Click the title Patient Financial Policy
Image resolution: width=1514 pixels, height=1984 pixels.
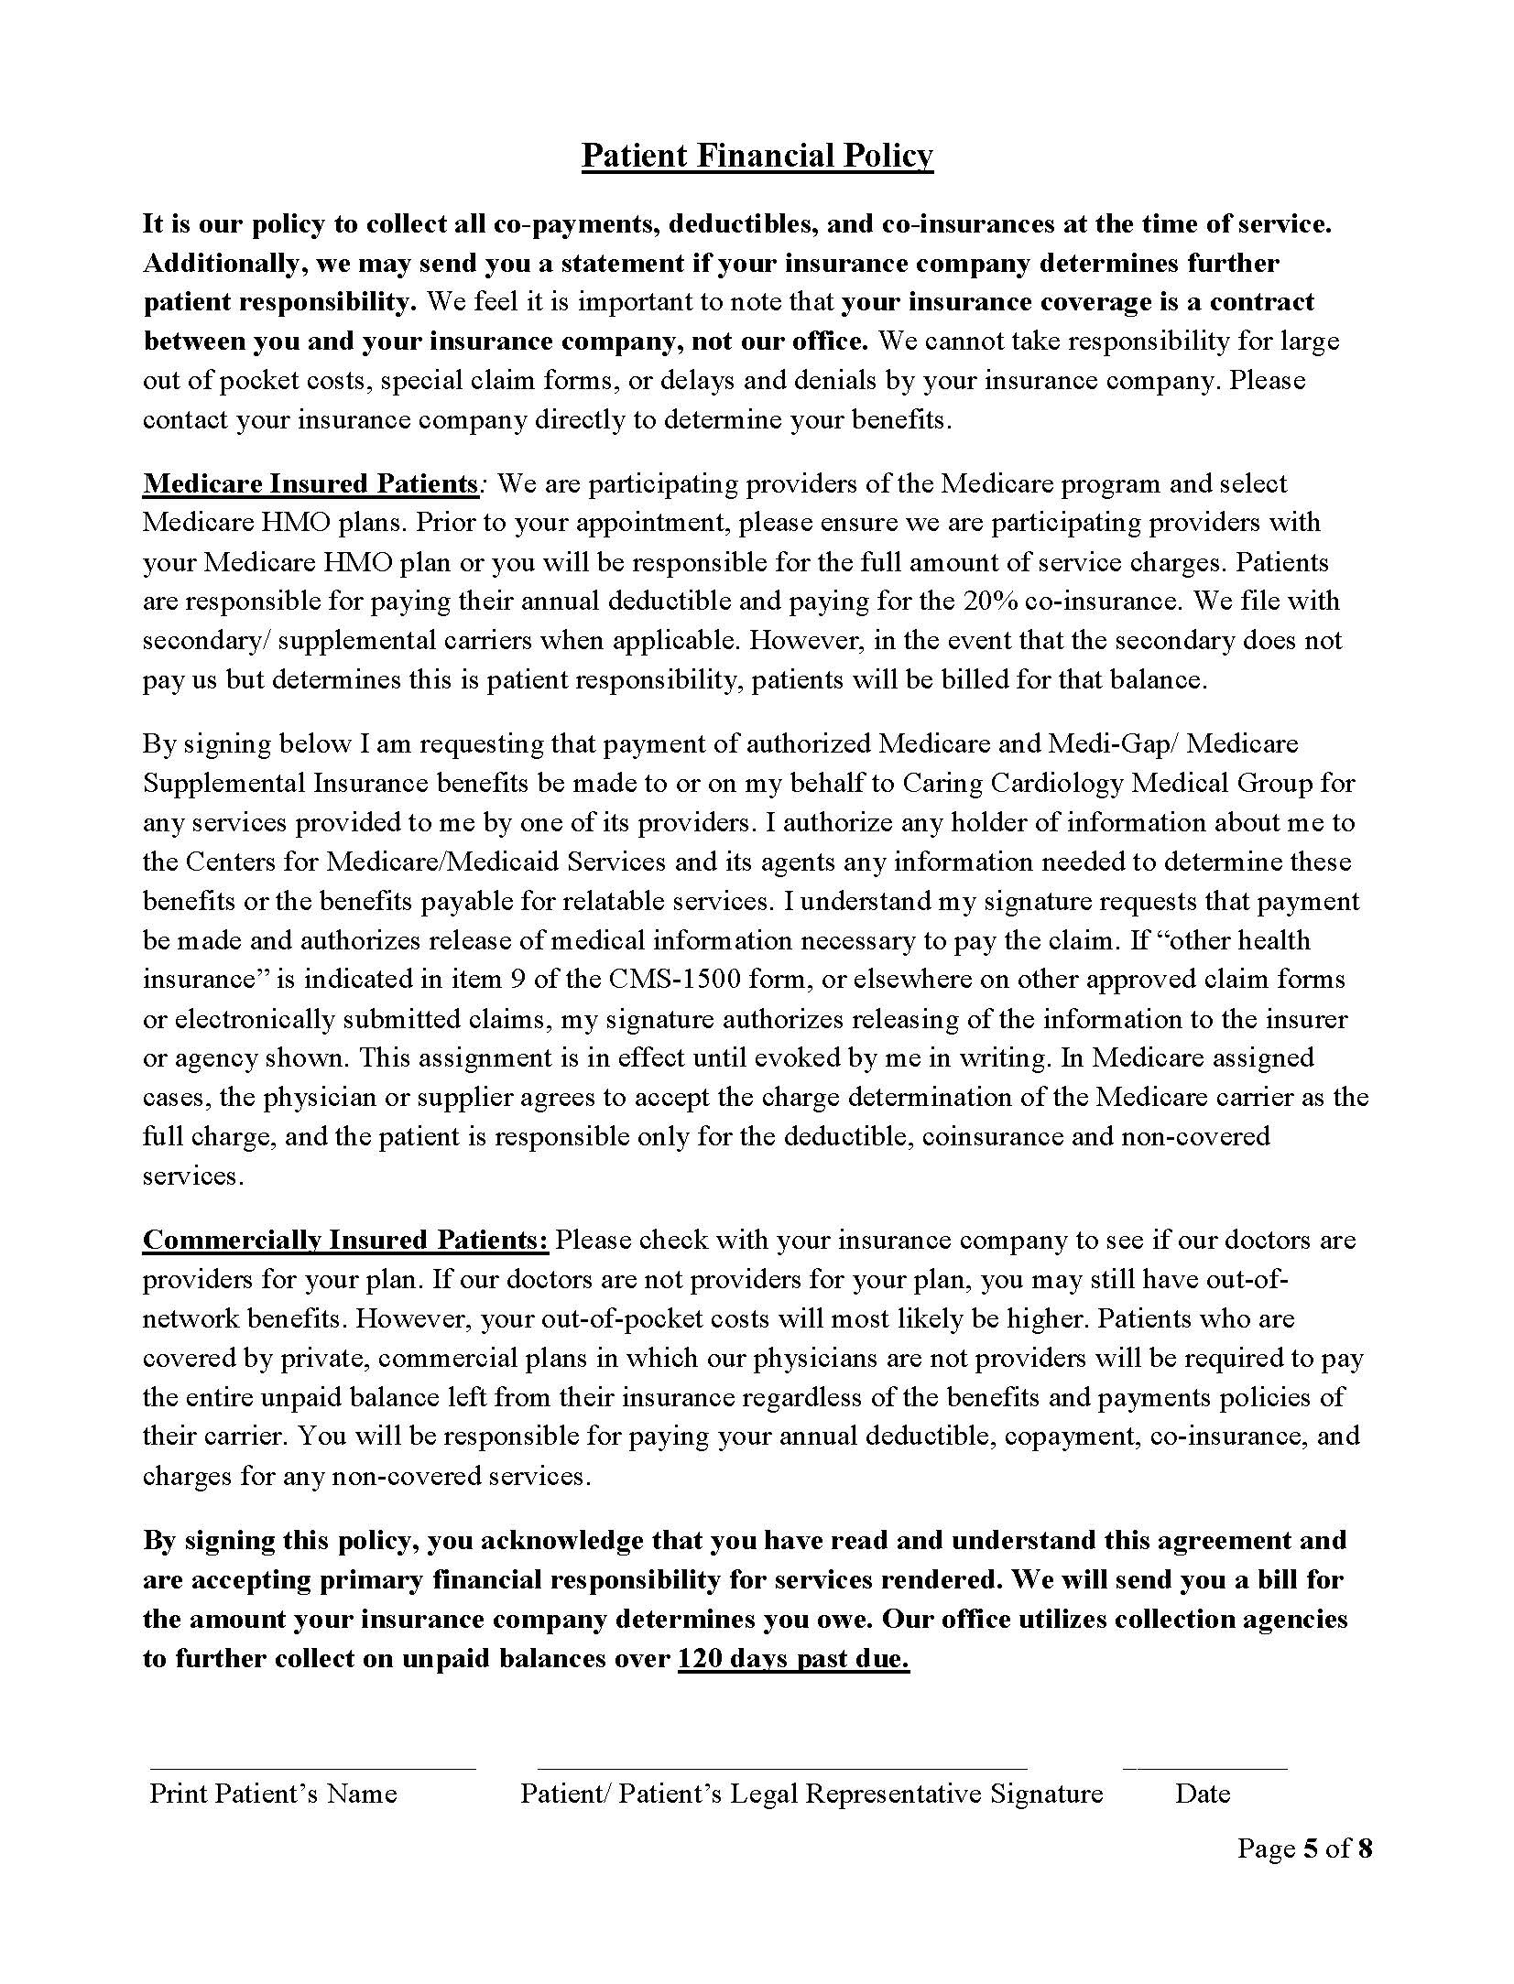pos(757,156)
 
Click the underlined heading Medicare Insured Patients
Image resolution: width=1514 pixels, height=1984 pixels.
pos(310,483)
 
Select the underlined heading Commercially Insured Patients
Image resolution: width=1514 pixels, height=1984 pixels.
pos(345,1240)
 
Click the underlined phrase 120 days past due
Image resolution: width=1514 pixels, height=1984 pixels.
pos(793,1658)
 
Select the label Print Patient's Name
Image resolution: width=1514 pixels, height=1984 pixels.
pos(273,1793)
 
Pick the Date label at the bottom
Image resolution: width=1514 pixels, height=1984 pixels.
pos(1203,1793)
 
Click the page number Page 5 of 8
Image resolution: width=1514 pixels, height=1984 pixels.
pos(1304,1848)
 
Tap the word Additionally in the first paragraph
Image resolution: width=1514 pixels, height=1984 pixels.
pos(224,264)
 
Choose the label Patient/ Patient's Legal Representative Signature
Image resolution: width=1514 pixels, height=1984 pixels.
pos(811,1793)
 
